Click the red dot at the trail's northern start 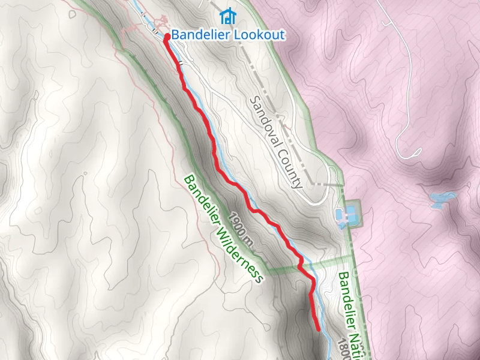(166, 37)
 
